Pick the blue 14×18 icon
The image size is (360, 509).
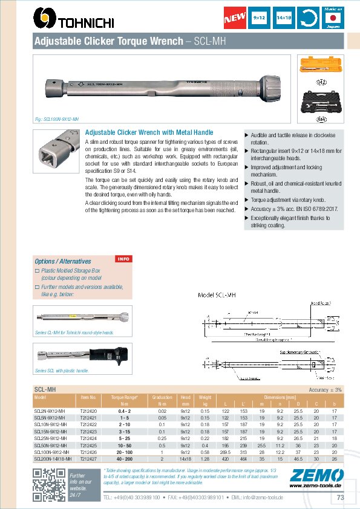[x=283, y=19]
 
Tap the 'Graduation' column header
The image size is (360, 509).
[x=162, y=397]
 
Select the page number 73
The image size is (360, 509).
[x=340, y=498]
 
